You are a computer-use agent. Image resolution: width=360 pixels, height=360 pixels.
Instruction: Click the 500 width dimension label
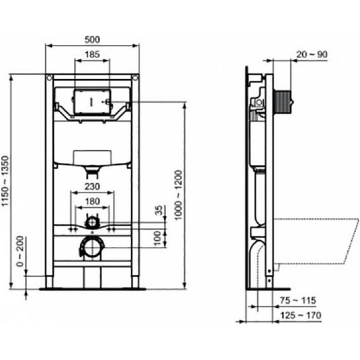pos(93,39)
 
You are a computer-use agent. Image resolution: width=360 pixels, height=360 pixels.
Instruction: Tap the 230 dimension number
pos(92,187)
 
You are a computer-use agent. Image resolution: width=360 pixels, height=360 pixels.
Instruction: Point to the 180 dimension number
pos(92,201)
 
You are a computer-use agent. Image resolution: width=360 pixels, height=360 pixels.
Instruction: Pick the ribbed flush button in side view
pos(284,101)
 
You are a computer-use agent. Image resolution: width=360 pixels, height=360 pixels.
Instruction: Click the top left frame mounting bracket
pos(49,78)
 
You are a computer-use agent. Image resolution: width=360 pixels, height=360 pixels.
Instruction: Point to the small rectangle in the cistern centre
pos(93,155)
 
